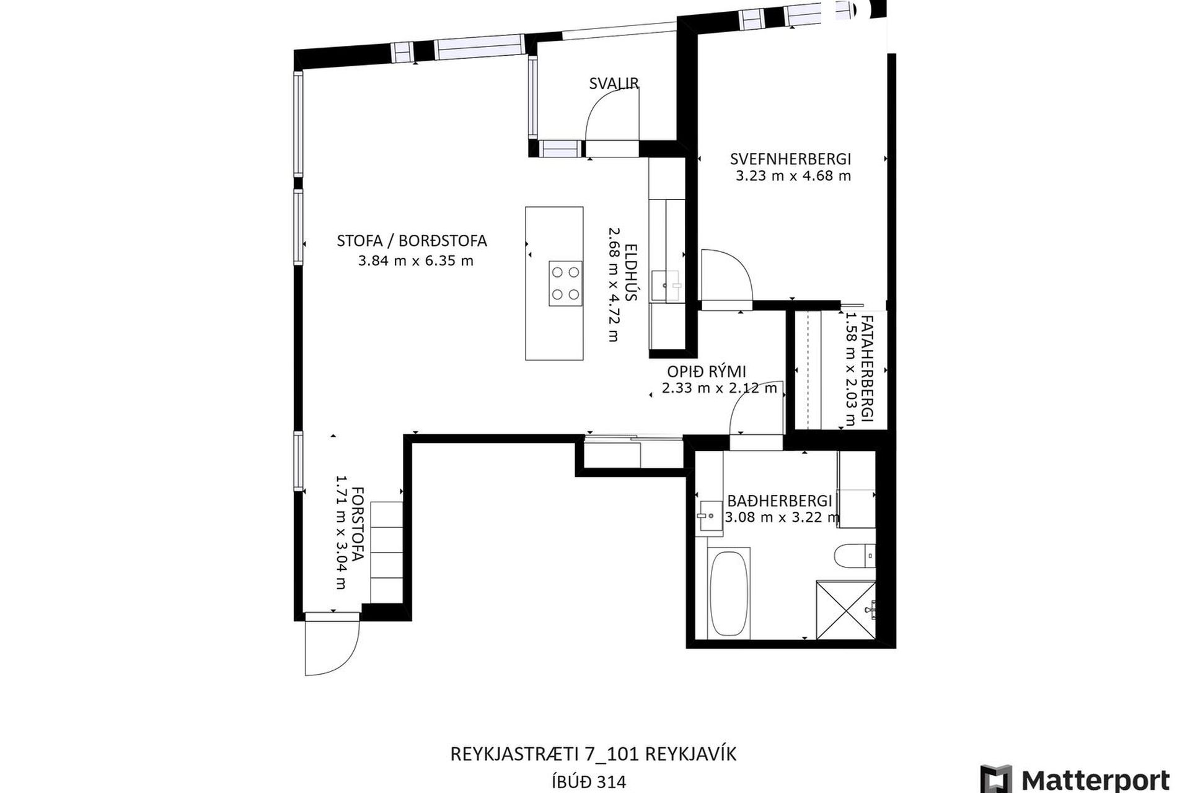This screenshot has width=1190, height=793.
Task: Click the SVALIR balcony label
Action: pyautogui.click(x=614, y=84)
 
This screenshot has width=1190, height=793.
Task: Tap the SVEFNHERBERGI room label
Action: pyautogui.click(x=791, y=159)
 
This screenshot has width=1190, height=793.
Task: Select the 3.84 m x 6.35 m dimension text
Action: pyautogui.click(x=416, y=261)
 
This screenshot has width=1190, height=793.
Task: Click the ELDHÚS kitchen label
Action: pyautogui.click(x=631, y=271)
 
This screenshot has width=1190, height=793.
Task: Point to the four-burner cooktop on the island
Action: pyautogui.click(x=565, y=283)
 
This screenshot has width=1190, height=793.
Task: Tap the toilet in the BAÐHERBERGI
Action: pyautogui.click(x=855, y=555)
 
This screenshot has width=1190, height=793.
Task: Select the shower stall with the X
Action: pyautogui.click(x=846, y=610)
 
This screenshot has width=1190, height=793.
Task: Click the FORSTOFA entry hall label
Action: pyautogui.click(x=357, y=524)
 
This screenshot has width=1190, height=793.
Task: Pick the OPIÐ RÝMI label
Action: pyautogui.click(x=707, y=372)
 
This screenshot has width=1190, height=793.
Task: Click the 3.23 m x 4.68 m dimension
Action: pyautogui.click(x=793, y=176)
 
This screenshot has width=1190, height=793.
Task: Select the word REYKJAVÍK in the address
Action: pyautogui.click(x=690, y=754)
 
